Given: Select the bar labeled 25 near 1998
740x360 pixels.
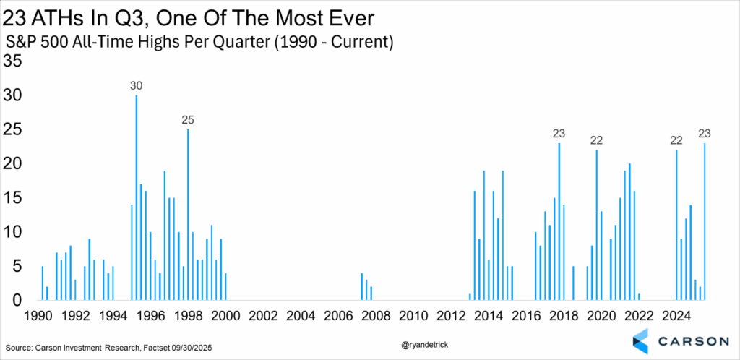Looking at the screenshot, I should [x=188, y=215].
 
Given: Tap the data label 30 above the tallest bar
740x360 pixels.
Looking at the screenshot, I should [x=137, y=86].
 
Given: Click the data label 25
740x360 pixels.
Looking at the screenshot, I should [x=188, y=120].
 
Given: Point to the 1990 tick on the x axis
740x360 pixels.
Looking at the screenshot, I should [x=39, y=315].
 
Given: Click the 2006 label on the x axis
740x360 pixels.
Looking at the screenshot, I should [x=337, y=315].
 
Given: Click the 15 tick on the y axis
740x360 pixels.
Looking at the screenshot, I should [x=14, y=197].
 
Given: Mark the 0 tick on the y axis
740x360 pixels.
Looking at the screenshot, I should [x=18, y=300].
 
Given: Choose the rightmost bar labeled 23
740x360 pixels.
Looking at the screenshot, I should [x=705, y=221].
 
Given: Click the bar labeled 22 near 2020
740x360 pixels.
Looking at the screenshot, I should [x=597, y=225].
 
